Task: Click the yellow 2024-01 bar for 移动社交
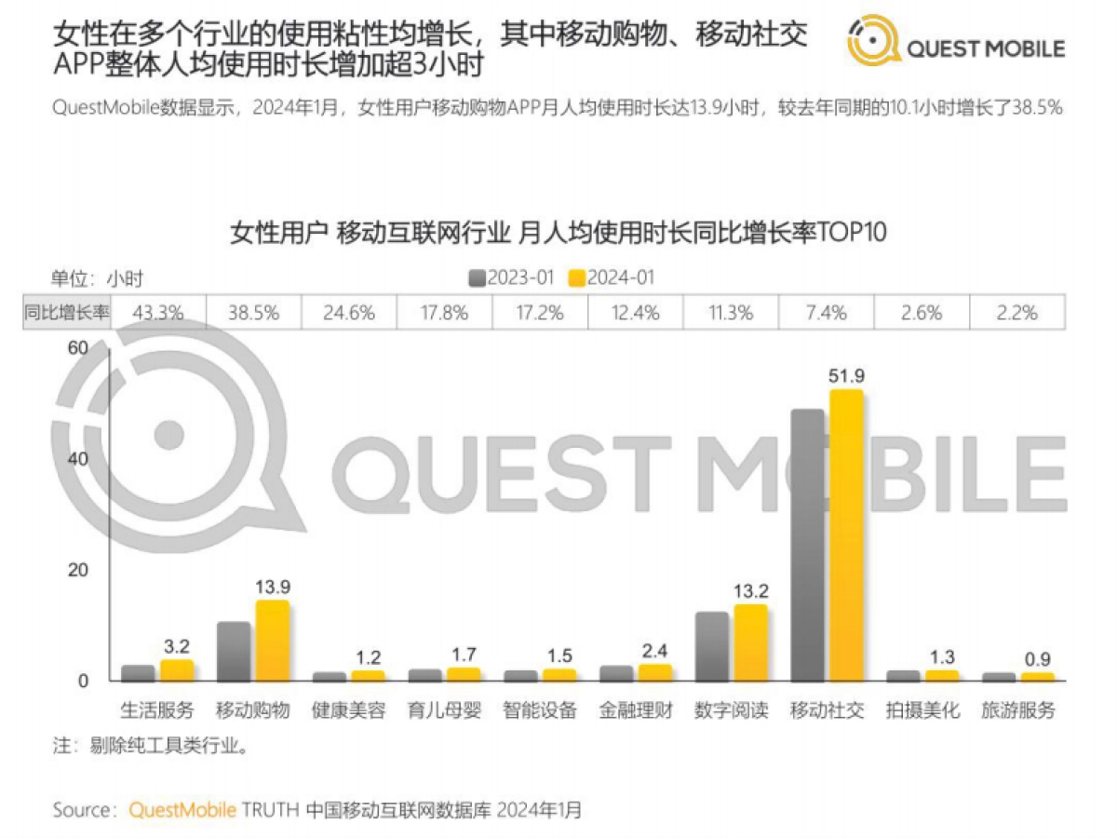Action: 846,534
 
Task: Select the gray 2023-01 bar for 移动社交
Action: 807,544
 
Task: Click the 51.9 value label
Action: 847,375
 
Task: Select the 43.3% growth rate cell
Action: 158,313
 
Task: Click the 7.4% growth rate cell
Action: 828,313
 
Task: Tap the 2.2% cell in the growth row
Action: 1017,313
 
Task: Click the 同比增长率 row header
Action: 66,313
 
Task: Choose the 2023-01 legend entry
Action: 513,277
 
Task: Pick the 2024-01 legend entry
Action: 612,277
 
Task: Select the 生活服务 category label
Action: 157,710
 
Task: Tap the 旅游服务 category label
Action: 1018,710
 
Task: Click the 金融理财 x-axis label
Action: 636,710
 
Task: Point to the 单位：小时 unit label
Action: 97,277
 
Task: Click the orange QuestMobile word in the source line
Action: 182,809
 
